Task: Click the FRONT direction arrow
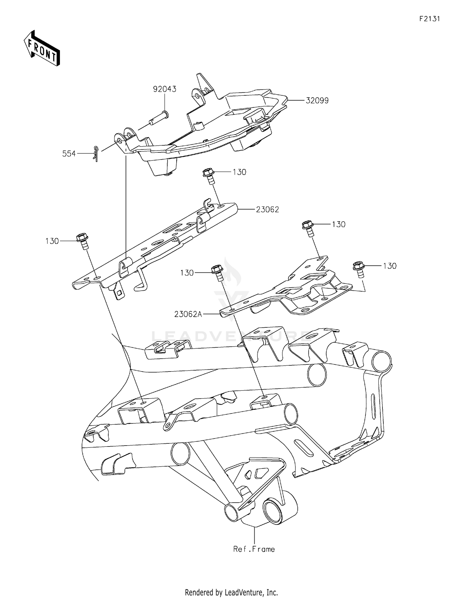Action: click(42, 48)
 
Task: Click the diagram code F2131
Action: click(429, 19)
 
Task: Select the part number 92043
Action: click(165, 89)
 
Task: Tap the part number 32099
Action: click(317, 101)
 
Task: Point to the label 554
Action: click(69, 154)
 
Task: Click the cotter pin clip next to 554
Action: click(96, 153)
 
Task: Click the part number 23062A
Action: click(188, 314)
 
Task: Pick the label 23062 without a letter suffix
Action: click(267, 210)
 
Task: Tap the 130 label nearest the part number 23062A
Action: click(187, 273)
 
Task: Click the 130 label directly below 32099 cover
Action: click(239, 172)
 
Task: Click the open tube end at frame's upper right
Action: click(382, 361)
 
